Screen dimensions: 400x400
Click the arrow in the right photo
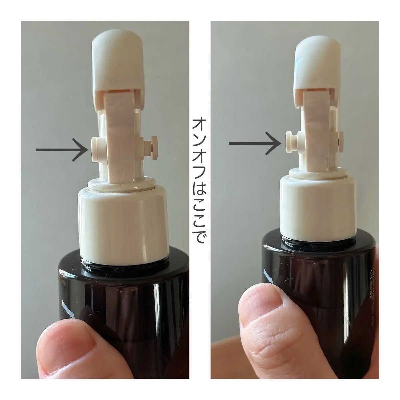coord(255,143)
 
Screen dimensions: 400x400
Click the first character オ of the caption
coord(199,125)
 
